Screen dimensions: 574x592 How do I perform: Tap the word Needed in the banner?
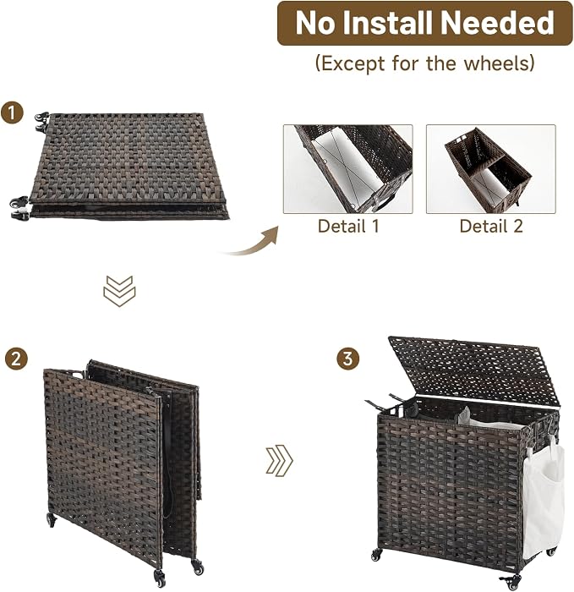(496, 23)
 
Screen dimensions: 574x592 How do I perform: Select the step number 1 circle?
(12, 112)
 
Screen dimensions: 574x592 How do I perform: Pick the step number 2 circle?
(16, 359)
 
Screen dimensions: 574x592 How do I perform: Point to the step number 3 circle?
(347, 359)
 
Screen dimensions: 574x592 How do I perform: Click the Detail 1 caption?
(348, 226)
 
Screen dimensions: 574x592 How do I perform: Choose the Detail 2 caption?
(491, 226)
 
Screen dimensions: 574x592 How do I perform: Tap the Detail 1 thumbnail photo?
(348, 169)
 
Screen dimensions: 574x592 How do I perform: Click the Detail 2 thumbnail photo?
(491, 169)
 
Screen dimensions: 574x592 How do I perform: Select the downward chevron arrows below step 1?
(119, 291)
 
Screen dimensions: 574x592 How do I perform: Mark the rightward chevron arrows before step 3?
(279, 461)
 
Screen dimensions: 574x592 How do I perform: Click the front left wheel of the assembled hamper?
(376, 555)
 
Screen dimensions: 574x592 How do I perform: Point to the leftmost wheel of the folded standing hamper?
(51, 520)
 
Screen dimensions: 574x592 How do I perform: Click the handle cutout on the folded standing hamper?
(76, 375)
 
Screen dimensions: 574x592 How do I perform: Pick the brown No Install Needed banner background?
(425, 23)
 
